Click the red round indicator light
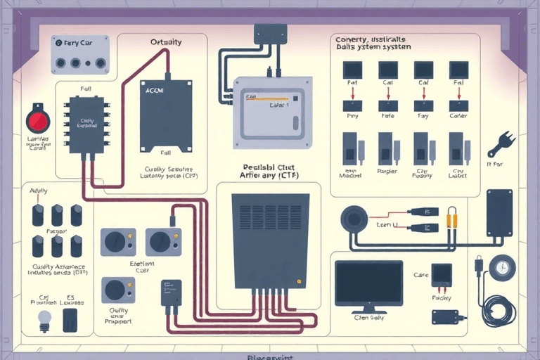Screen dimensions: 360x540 37,122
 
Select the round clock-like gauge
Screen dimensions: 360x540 503,268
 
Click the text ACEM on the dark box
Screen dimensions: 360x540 153,91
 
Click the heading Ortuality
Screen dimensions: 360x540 166,42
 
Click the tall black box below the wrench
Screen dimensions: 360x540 499,212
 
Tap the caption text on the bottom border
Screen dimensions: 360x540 270,356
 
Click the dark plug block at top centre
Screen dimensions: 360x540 270,34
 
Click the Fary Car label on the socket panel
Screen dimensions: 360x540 78,43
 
